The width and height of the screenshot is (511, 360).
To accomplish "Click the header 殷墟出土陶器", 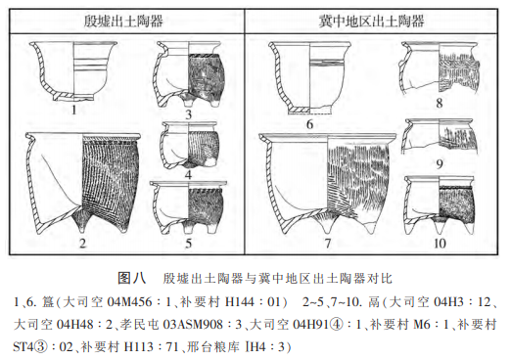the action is (x=123, y=21).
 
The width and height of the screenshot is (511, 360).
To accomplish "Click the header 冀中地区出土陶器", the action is (x=371, y=21).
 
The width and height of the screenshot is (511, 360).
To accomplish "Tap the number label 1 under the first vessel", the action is (x=74, y=110).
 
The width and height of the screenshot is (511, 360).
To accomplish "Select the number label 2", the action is (x=82, y=243).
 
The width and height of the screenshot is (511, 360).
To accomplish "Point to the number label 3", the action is (x=188, y=114).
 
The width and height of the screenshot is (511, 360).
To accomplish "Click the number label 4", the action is (x=188, y=175).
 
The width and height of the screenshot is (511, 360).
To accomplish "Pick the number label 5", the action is (x=188, y=244).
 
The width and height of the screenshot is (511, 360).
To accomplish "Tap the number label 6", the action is (x=309, y=124).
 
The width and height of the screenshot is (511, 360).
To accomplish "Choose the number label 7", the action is (x=328, y=243).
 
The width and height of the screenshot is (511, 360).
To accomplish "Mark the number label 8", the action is (x=440, y=103).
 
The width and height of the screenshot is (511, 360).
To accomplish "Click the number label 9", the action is (x=440, y=163).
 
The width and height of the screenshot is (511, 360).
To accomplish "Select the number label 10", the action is (x=440, y=244).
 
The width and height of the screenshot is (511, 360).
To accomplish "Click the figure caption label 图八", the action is (x=132, y=278).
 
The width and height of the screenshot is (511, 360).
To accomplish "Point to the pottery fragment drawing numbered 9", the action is (x=440, y=137).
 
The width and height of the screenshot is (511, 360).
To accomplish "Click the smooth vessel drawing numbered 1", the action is (x=73, y=71).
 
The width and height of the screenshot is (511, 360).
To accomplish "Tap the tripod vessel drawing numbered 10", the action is (x=440, y=205).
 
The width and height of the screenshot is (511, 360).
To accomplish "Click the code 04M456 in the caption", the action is (x=129, y=302).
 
